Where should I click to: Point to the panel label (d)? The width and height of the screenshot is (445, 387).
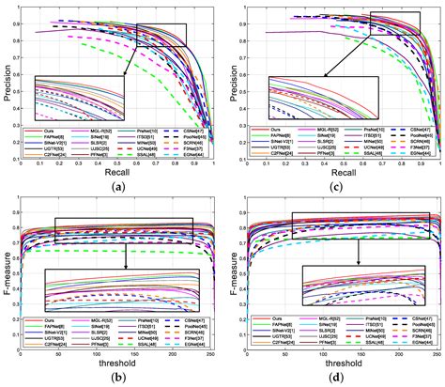337,379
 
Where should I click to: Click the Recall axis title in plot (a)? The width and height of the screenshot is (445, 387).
116,173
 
